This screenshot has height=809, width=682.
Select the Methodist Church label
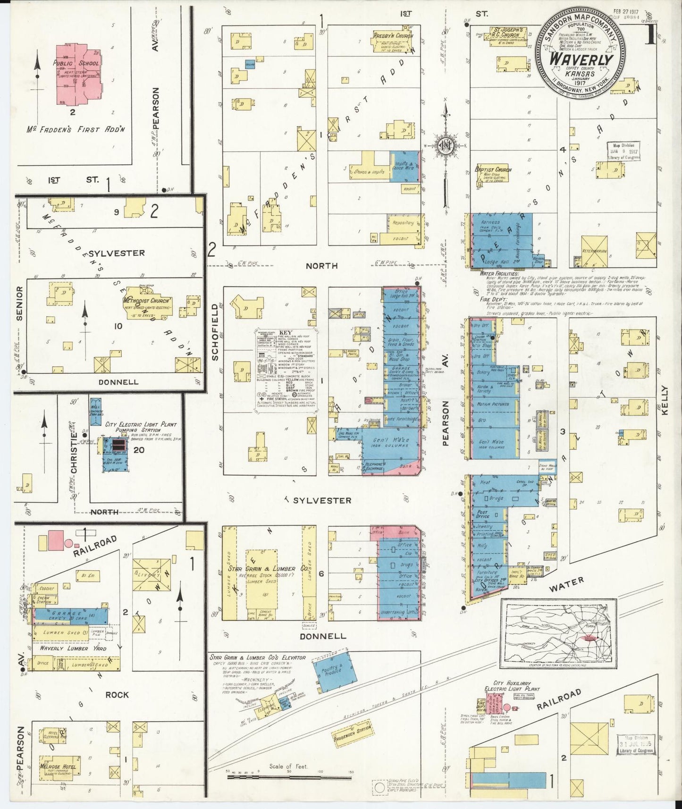(147, 301)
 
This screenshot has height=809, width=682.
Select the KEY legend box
(286, 371)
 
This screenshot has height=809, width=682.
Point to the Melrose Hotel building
(58, 767)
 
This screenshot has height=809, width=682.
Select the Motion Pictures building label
(493, 404)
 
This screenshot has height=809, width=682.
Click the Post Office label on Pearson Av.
(482, 514)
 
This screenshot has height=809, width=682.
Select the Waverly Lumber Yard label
(64, 648)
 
